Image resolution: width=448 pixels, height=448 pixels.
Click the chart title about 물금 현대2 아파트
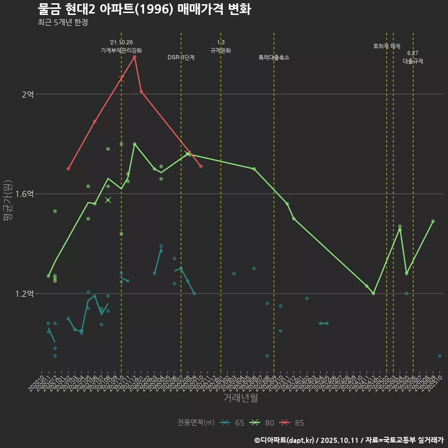144,9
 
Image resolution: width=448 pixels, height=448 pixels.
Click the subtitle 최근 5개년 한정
63,22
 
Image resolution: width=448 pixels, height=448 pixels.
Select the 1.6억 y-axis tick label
24,194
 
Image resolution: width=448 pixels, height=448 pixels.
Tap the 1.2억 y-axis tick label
24,294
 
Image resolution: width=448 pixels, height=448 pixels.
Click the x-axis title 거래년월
240,398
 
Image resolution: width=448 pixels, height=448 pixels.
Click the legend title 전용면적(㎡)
196,423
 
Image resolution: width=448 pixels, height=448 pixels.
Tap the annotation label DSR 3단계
181,57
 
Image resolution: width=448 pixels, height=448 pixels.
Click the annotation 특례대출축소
274,57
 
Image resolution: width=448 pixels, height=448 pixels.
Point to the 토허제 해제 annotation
387,46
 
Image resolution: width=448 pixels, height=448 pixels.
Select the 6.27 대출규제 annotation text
413,57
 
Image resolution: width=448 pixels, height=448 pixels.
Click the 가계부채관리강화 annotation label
121,50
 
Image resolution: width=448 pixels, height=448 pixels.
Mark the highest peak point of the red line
134,57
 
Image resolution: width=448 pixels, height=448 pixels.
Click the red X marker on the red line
121,79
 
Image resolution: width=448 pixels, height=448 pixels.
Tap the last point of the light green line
433,221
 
